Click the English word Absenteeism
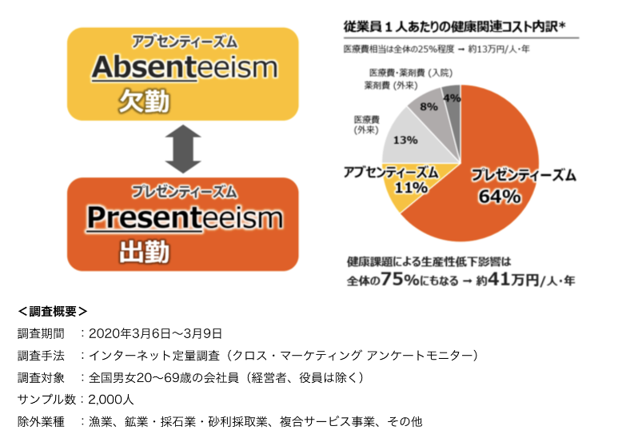(x=185, y=67)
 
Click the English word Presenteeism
(x=185, y=217)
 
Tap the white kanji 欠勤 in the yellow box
(x=144, y=102)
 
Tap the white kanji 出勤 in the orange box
(x=144, y=251)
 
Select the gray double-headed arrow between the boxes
(x=183, y=149)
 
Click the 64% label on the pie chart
(x=500, y=197)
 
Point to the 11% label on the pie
(x=411, y=188)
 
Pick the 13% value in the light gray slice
(x=405, y=140)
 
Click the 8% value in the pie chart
(x=429, y=106)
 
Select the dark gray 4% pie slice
(x=453, y=104)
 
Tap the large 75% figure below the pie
(x=400, y=279)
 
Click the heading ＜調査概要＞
(x=52, y=311)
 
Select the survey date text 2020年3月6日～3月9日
(x=155, y=333)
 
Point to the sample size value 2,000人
(x=111, y=399)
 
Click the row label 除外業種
(x=41, y=421)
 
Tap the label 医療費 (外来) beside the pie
(x=366, y=125)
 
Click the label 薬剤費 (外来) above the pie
(x=391, y=86)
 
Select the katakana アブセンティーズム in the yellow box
(x=185, y=42)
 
